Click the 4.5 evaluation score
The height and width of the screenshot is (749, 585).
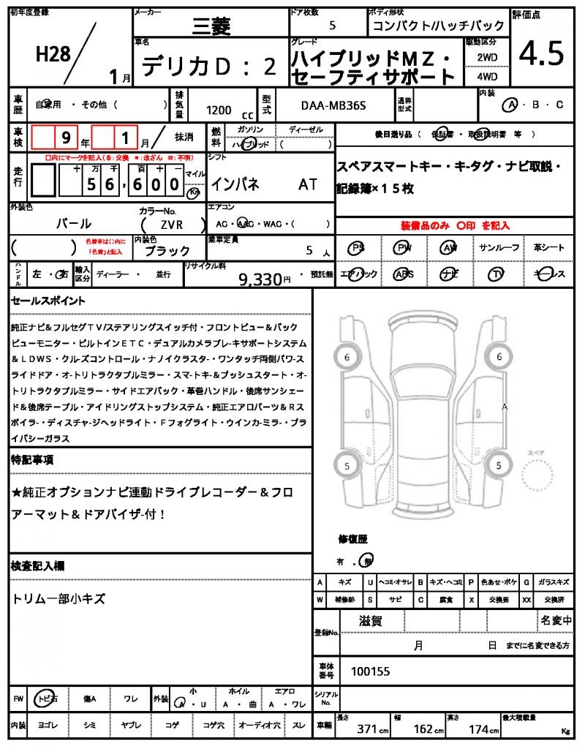click(x=542, y=53)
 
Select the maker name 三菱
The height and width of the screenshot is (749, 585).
click(x=211, y=28)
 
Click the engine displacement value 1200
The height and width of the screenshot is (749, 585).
click(x=219, y=110)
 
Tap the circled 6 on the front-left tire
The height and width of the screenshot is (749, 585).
click(x=347, y=357)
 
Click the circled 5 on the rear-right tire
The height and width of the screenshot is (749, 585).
click(x=499, y=465)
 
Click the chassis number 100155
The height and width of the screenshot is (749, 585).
click(x=371, y=670)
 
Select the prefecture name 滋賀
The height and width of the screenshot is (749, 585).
click(x=371, y=622)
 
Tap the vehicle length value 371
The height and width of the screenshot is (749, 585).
click(x=366, y=729)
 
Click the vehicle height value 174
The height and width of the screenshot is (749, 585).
click(x=478, y=729)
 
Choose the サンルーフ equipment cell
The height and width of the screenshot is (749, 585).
click(x=499, y=248)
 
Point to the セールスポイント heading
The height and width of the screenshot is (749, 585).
click(x=48, y=301)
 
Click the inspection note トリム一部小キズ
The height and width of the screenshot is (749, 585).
click(x=59, y=598)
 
